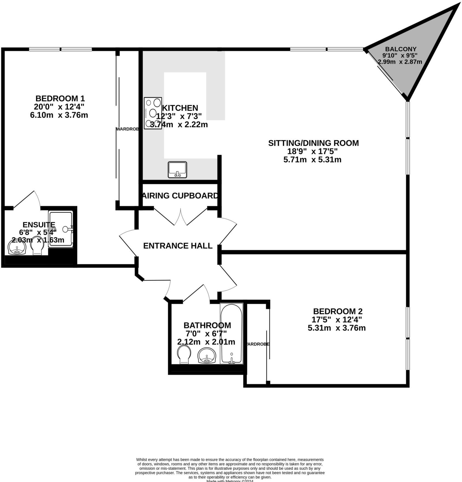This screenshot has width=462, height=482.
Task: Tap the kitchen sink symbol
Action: (177, 170)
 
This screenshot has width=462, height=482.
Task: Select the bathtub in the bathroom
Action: (231, 333)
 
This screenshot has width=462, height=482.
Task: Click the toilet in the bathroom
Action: (184, 354)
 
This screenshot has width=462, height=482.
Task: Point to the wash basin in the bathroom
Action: (207, 356)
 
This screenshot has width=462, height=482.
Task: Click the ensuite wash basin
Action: (17, 247)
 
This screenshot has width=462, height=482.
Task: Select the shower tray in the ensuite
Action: (61, 229)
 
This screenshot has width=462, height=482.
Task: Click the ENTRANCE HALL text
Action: (178, 246)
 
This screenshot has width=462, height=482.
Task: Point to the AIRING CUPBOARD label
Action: (180, 196)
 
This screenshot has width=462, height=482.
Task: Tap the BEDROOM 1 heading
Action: (60, 98)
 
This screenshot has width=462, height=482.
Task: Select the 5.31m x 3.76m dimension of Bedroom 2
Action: (337, 328)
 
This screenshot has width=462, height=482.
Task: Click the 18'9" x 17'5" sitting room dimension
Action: (312, 151)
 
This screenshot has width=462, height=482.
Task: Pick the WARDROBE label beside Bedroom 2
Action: (257, 344)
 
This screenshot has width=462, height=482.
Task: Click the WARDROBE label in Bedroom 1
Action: (127, 129)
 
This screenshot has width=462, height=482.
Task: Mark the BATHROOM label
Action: (207, 325)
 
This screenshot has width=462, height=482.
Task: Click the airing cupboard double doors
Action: (181, 216)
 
